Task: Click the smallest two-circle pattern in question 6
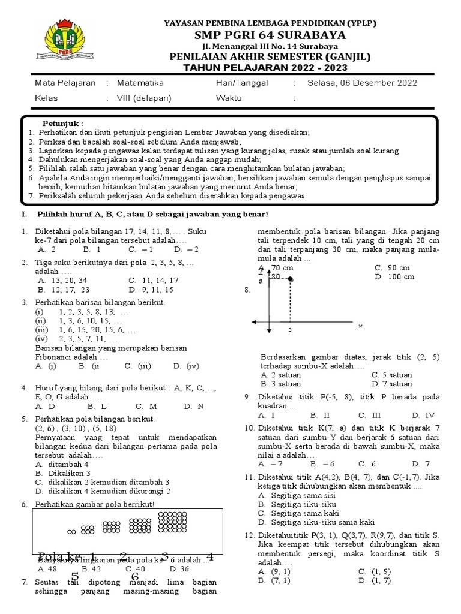tap(71, 531)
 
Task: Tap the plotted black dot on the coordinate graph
tap(290, 279)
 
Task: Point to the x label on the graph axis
tap(360, 326)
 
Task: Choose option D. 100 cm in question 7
tap(393, 277)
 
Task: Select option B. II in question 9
tap(320, 415)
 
